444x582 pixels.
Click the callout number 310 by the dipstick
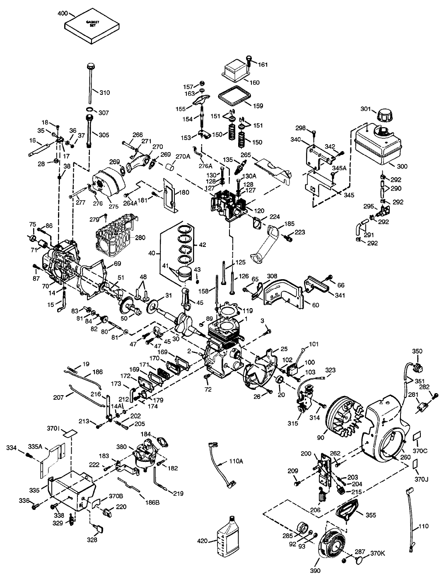[x=104, y=92]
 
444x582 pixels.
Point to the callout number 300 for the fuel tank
[x=402, y=167]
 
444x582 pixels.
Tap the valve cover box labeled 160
[x=234, y=72]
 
